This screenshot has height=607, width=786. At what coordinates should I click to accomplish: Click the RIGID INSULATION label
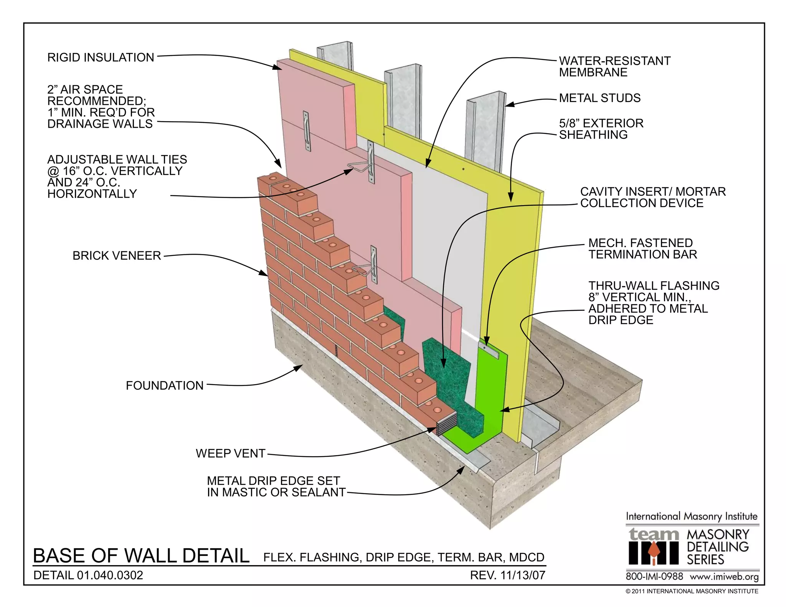point(101,58)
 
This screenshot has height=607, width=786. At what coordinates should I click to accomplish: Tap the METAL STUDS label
point(599,98)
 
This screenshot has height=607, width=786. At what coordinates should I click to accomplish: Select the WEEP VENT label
point(230,454)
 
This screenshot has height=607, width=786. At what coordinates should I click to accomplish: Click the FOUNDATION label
point(165,386)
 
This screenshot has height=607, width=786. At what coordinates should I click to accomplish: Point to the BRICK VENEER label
point(117,256)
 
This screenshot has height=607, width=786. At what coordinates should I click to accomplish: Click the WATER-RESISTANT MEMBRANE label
point(614,67)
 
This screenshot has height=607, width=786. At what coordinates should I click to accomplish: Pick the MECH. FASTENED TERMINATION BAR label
point(642,249)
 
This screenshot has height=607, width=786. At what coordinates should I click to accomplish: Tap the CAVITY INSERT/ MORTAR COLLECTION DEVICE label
point(652,197)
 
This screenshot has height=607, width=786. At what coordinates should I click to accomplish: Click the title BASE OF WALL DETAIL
point(141,556)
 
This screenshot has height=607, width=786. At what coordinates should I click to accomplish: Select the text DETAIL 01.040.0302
point(88,575)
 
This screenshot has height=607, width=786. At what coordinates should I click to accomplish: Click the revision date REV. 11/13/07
point(507,575)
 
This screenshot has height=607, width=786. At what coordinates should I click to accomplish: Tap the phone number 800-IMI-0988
point(654,576)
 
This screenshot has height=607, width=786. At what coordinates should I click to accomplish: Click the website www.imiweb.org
point(724,577)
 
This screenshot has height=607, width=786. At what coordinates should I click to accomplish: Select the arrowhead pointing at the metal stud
point(508,104)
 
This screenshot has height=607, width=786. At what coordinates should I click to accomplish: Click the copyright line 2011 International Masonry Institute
point(692,591)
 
